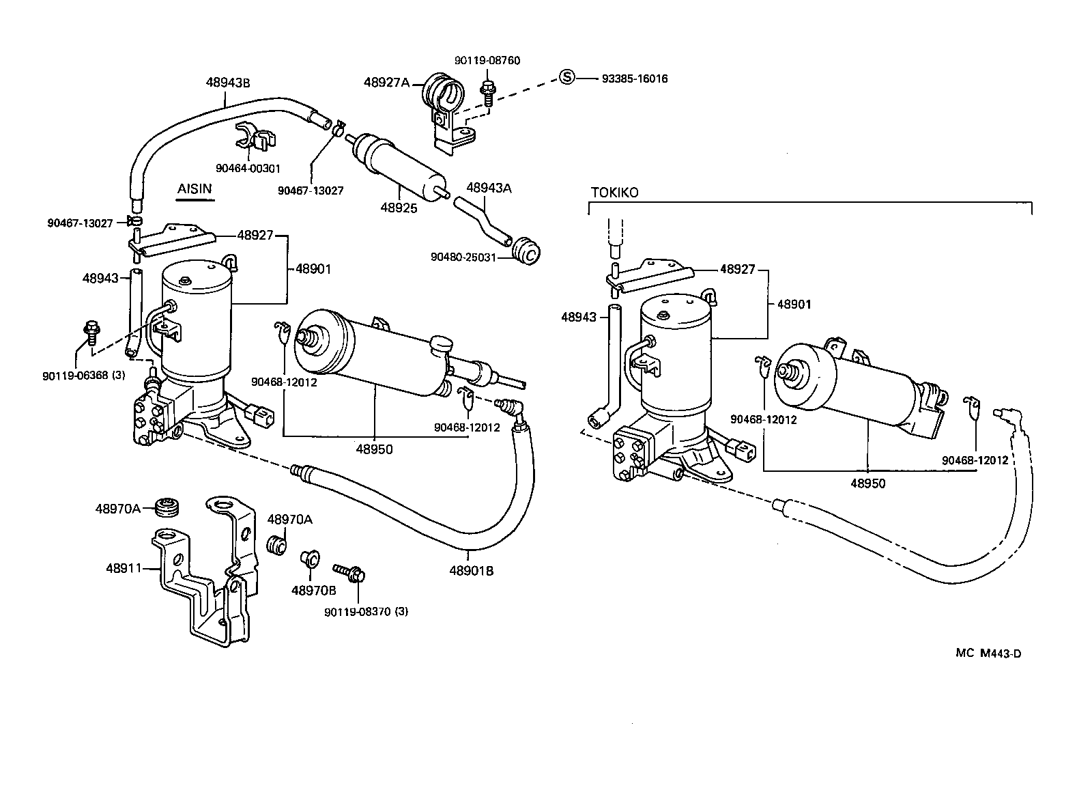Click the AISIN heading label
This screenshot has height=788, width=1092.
point(195,188)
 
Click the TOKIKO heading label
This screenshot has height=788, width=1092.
point(614,193)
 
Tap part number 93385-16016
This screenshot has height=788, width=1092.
point(634,79)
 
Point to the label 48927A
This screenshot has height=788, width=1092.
point(386,83)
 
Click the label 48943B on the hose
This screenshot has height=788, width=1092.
point(228,83)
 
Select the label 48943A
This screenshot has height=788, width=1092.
point(489,188)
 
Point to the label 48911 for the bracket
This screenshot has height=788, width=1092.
point(124,567)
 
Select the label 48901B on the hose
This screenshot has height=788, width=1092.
point(471,571)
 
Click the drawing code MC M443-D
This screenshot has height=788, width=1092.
point(988,653)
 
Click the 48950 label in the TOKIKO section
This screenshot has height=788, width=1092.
point(867,483)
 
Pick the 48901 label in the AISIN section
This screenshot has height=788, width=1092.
point(313,269)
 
